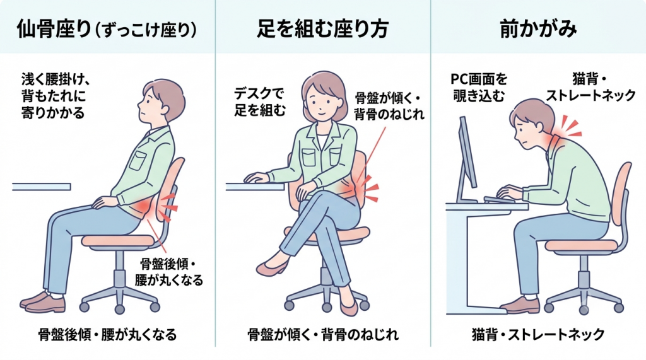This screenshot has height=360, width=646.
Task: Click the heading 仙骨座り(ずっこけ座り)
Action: coord(106,30)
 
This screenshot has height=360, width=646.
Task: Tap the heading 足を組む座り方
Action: coord(322,29)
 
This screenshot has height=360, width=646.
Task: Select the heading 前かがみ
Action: coord(538,29)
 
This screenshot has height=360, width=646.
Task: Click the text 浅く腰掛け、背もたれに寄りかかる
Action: coord(56,95)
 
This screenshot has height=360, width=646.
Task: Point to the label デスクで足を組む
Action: coord(259,102)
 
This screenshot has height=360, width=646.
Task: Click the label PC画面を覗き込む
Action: coord(479,88)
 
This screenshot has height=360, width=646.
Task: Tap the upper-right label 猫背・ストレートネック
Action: coord(590,88)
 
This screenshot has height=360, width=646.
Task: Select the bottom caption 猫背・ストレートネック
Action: coord(537,334)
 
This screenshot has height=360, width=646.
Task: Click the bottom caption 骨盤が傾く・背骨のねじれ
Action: coord(322,334)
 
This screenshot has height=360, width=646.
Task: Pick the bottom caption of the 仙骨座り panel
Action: coord(107,334)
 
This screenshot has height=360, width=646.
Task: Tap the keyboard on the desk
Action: coord(500,200)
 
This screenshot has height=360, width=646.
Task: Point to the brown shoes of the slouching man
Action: coord(43,302)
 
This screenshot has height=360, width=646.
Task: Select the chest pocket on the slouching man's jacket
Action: coord(138,161)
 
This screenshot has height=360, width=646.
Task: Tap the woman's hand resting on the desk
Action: coord(256,178)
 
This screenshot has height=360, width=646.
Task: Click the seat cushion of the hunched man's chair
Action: coord(581,245)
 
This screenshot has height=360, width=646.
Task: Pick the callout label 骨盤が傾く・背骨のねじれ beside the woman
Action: coord(389,107)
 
